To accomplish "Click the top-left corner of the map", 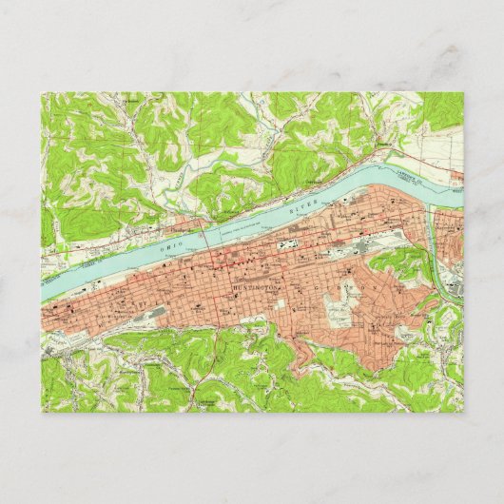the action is click(x=41, y=92).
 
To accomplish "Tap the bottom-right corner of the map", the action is click(x=464, y=412).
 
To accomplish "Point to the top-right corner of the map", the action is click(x=464, y=92).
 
